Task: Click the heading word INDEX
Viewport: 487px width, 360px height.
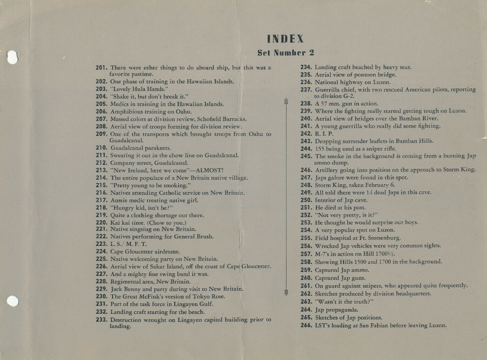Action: [285, 39]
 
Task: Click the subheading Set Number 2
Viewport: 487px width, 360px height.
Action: [285, 53]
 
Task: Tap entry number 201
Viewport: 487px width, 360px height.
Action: [102, 67]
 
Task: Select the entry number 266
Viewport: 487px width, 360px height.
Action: [306, 325]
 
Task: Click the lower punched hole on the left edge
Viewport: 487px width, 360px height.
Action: [13, 301]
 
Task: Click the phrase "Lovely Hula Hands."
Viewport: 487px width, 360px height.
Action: [139, 89]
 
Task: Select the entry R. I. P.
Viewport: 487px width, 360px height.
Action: [324, 134]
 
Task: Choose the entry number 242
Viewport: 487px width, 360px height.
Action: [306, 134]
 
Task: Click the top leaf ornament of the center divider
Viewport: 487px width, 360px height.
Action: [286, 101]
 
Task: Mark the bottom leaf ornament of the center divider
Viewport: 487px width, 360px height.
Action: [286, 292]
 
